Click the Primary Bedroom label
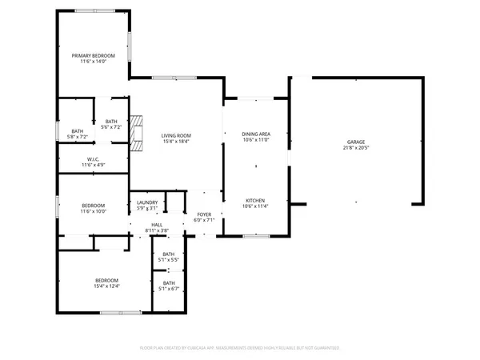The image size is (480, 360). click(x=94, y=55)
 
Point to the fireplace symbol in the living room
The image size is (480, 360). click(x=138, y=132)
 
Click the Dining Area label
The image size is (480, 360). click(x=256, y=134)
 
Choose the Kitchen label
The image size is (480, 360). click(x=256, y=200)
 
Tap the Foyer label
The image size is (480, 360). click(x=204, y=214)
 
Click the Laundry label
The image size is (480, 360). click(x=147, y=202)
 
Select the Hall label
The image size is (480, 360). click(x=157, y=225)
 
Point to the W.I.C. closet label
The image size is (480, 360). click(x=94, y=159)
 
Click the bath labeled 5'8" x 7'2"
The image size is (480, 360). click(x=78, y=131)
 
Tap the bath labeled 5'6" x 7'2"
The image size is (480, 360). click(x=111, y=122)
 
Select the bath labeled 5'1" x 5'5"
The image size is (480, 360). click(x=169, y=255)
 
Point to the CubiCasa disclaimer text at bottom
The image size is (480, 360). click(x=240, y=348)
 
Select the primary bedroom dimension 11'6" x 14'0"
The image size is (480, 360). click(x=94, y=61)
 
